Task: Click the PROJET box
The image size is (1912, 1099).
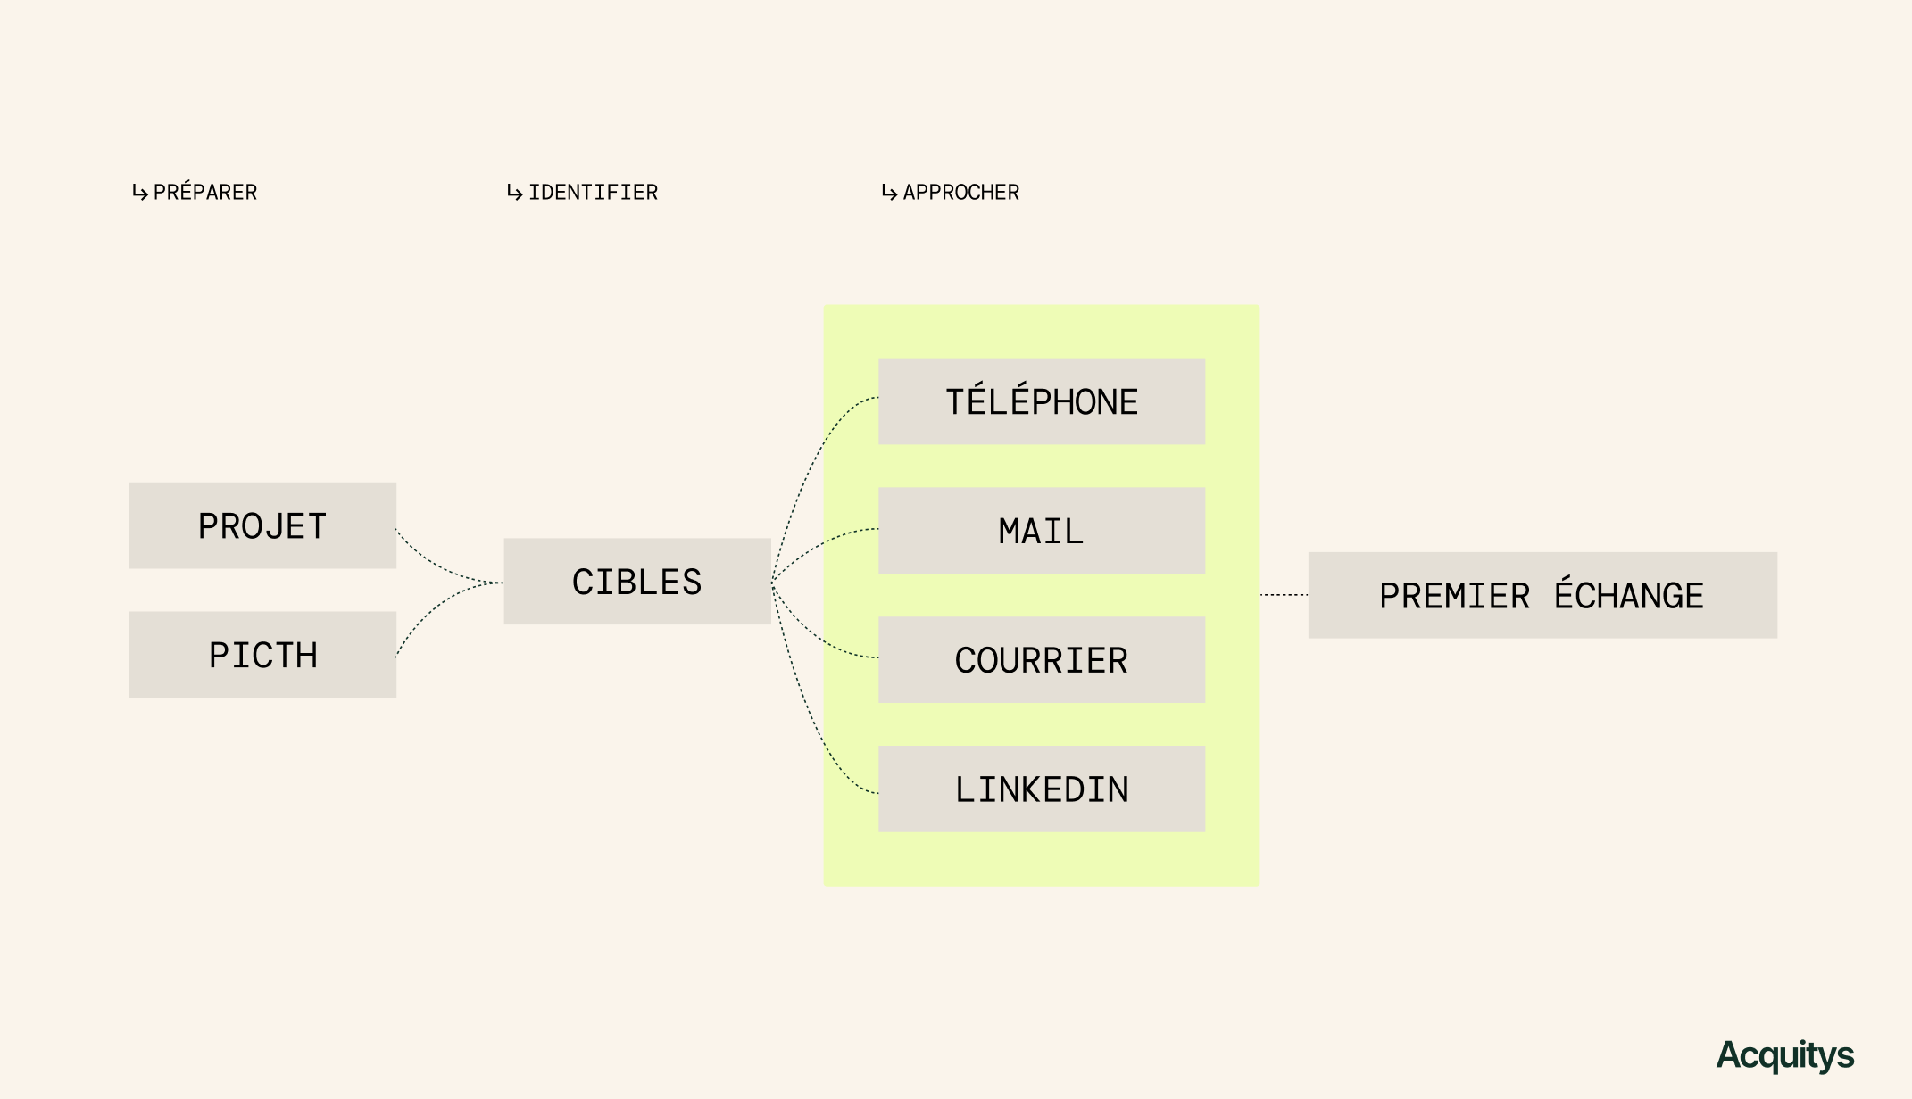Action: pos(262,525)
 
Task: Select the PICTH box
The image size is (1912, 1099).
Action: pos(262,654)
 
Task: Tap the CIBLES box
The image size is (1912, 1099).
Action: pos(636,581)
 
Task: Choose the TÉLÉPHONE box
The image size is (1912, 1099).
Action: pos(1041,401)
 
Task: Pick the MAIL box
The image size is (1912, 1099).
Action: pos(1041,531)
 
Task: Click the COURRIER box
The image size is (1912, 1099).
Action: pos(1041,659)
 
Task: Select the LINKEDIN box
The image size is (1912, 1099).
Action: pos(1041,789)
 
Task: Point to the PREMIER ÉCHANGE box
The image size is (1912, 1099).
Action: pos(1542,595)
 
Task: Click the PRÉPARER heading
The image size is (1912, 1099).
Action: pos(205,192)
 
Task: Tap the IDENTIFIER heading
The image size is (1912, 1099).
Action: pos(593,192)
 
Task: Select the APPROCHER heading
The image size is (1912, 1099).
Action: pos(960,192)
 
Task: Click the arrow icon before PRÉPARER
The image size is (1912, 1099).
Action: pos(140,193)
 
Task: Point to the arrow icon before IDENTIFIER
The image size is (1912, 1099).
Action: pos(515,193)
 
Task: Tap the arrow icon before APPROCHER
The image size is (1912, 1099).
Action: pos(889,193)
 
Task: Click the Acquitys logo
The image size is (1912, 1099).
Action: pos(1784,1055)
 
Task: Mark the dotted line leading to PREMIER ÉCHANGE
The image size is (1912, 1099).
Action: pos(1284,595)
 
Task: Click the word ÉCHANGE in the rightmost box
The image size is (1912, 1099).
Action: pos(1629,595)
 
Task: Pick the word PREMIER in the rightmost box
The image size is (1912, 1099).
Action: pos(1454,596)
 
